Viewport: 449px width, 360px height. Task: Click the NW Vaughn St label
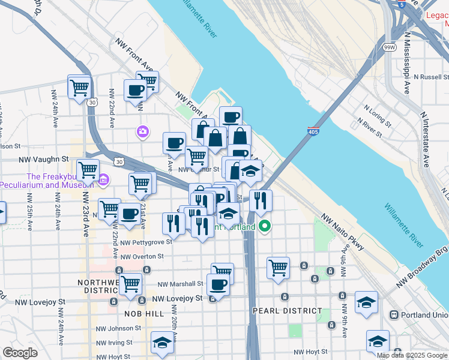point(44,159)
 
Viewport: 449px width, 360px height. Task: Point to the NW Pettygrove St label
point(146,242)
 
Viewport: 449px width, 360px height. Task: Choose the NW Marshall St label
point(180,284)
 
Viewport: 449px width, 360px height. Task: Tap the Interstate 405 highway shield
point(313,131)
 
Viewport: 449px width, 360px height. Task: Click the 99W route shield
point(390,47)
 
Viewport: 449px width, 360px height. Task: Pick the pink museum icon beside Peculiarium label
point(103,179)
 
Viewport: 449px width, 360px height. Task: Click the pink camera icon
point(143,131)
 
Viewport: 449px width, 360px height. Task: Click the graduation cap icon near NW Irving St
point(162,342)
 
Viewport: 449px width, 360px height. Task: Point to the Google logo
point(20,353)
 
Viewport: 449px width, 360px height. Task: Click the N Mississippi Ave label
point(406,69)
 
